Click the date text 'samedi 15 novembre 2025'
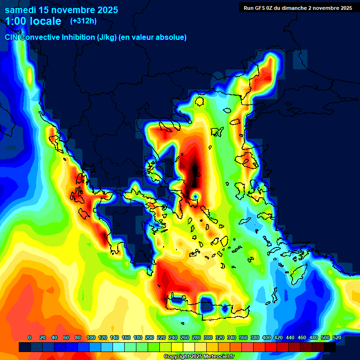click(61, 10)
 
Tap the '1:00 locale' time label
click(33, 21)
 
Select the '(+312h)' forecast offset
click(83, 21)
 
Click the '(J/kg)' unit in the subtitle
click(106, 37)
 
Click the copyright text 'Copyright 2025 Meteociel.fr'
click(199, 356)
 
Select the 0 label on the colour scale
click(30, 337)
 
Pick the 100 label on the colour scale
click(91, 337)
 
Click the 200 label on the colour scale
click(150, 337)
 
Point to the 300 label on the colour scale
click(208, 337)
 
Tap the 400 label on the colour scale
click(267, 337)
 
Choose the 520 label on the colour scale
click(337, 337)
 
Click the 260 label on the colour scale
click(185, 337)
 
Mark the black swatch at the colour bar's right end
click(329, 347)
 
